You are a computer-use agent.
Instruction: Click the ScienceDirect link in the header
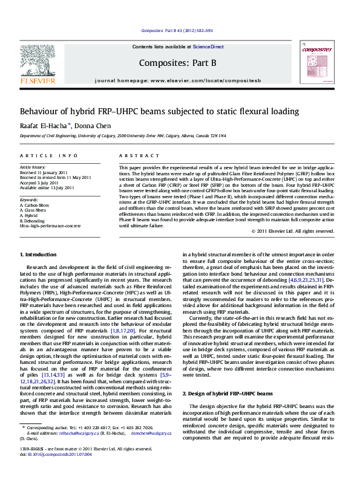tap(208, 47)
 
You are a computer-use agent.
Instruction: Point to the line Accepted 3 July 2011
tap(39, 182)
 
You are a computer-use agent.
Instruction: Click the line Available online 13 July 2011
tap(47, 187)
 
